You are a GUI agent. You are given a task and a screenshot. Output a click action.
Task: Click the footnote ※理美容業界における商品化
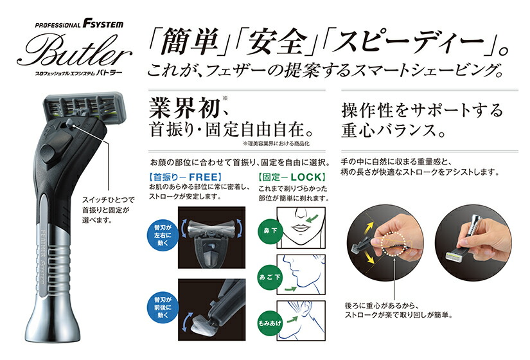point(283,146)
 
